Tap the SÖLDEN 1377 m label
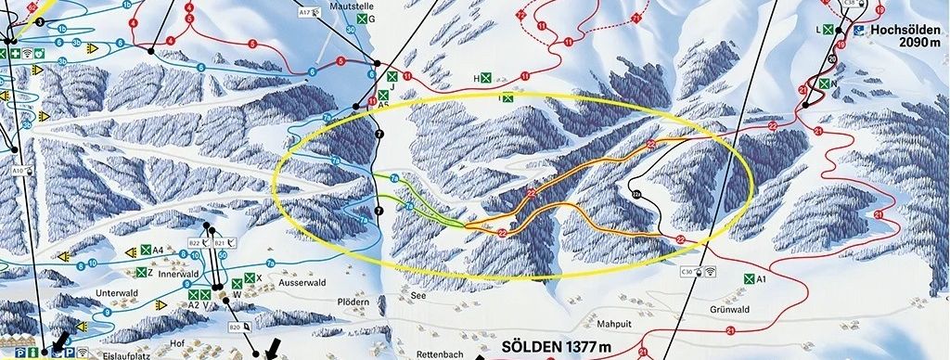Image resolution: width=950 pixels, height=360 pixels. (x=557, y=347)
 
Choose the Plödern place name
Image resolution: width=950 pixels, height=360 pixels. (x=353, y=302)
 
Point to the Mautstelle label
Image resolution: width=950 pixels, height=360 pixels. (x=350, y=5)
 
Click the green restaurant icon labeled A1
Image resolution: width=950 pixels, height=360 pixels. (x=748, y=278)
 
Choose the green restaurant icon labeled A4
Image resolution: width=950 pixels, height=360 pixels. (x=146, y=250)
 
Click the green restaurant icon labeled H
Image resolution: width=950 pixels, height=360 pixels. (x=485, y=79)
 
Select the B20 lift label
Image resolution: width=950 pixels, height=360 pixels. (x=235, y=327)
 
